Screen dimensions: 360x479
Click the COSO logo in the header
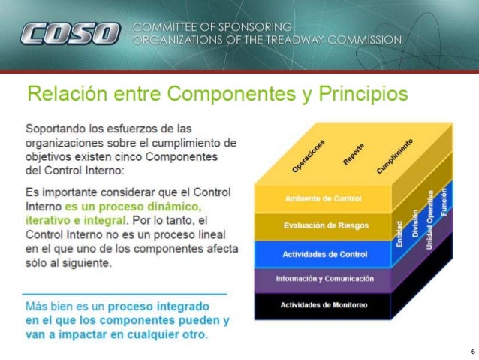70,34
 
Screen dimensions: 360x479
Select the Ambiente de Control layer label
324,198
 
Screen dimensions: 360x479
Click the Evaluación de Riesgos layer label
325,225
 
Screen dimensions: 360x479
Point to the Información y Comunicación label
324,279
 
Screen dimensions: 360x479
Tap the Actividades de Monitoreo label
324,304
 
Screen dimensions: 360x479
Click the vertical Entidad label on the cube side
399,231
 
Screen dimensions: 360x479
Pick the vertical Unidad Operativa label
430,216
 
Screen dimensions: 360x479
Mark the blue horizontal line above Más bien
124,293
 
